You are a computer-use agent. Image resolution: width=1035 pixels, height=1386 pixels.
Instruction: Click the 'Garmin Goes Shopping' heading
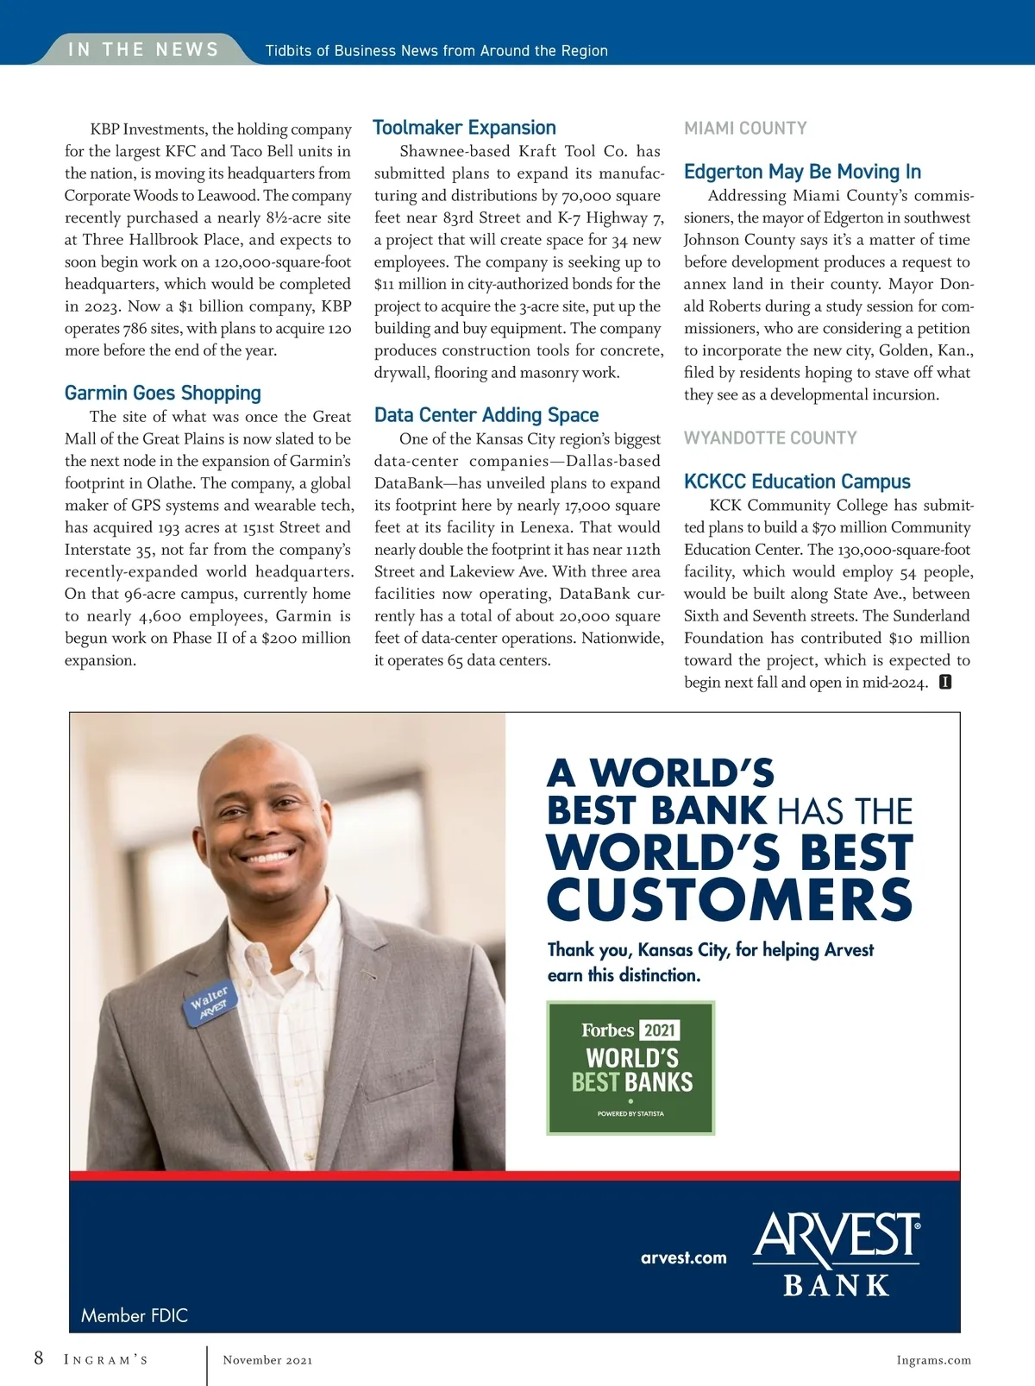pos(162,394)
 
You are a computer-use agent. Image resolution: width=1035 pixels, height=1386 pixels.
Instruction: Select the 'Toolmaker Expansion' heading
pos(464,128)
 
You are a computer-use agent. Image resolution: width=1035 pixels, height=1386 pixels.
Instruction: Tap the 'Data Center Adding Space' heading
pos(486,415)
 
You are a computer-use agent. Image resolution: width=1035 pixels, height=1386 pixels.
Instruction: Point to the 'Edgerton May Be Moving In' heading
pos(802,172)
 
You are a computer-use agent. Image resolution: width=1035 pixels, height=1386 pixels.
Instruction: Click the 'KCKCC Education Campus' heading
pos(797,482)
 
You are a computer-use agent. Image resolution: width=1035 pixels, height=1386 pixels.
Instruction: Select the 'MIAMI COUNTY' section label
pos(745,129)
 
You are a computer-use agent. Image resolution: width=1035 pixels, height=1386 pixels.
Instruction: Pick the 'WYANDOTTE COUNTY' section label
pos(770,438)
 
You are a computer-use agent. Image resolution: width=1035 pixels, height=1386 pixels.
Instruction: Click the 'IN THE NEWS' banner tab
pos(143,49)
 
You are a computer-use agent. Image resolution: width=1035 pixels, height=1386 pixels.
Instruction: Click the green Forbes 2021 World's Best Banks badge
pos(630,1068)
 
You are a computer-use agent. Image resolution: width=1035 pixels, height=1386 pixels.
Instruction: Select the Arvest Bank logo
pos(836,1254)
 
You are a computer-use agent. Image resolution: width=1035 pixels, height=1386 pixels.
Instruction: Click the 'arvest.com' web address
pos(683,1257)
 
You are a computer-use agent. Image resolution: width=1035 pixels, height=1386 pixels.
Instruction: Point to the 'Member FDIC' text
pos(135,1315)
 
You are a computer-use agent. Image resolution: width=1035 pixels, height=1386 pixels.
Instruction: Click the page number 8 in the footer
pos(39,1358)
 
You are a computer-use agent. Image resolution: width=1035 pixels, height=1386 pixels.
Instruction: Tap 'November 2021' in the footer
pos(267,1360)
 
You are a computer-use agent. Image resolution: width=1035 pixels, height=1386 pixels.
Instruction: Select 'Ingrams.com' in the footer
pos(933,1360)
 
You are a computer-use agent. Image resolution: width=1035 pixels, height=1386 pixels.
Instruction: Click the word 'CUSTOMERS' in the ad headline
pos(729,899)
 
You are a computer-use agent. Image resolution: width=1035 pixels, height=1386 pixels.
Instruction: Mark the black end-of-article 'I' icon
pos(945,683)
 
